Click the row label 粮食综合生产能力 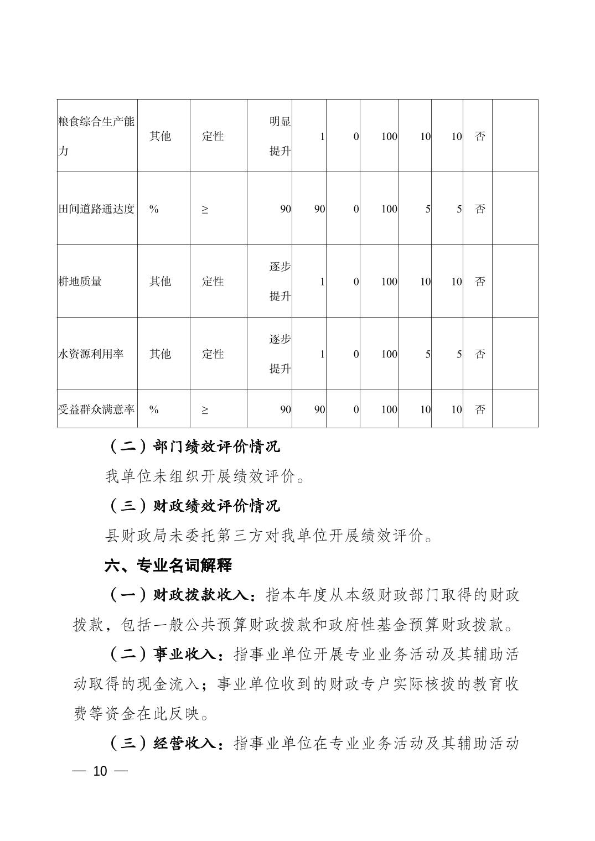(96, 136)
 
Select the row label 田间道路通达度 (96, 209)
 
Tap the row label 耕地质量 (80, 281)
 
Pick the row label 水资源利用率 (91, 354)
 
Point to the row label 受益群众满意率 (96, 409)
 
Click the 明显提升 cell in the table (280, 136)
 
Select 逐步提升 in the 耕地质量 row (280, 281)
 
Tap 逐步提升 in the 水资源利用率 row (280, 354)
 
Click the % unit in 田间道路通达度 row (154, 209)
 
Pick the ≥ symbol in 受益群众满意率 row (205, 409)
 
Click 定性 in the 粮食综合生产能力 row (213, 136)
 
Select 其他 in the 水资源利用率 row (160, 354)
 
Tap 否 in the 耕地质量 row (480, 281)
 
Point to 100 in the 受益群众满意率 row (389, 409)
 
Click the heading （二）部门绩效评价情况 (193, 446)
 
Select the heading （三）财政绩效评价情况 (193, 506)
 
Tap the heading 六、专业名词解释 (168, 565)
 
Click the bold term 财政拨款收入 (203, 595)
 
